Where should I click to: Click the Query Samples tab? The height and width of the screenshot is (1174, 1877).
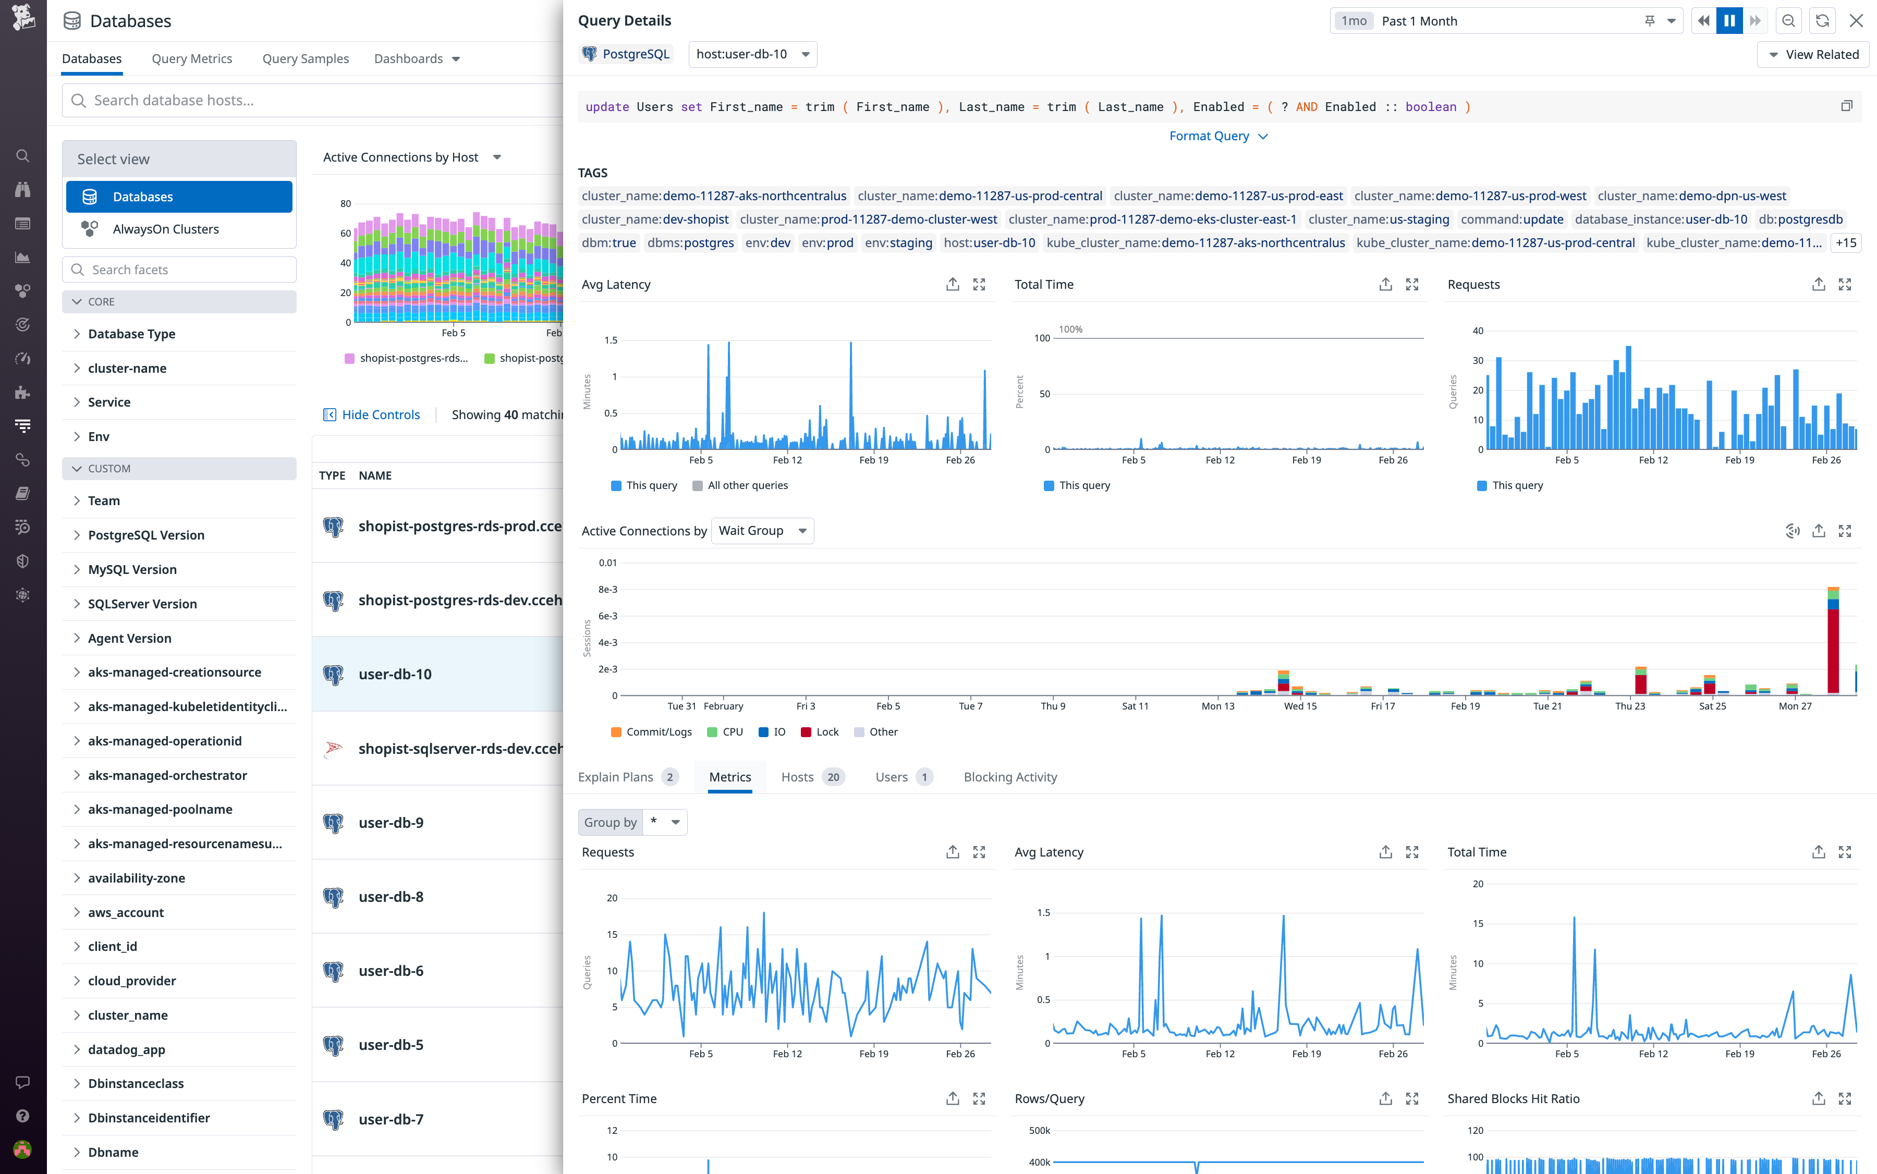305,59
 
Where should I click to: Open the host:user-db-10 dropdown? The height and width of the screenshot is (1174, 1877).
752,54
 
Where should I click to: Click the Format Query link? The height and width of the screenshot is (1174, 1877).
1217,136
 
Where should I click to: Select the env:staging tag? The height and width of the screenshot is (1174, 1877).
898,243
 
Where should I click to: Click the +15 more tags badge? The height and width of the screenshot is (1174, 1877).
1845,243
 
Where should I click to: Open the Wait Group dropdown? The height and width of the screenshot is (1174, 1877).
762,531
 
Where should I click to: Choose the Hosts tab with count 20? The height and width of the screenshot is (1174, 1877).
811,777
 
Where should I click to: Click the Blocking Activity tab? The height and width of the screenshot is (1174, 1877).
1009,777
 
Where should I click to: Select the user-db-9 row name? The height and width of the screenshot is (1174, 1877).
391,823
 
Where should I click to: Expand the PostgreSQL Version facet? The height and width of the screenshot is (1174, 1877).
146,535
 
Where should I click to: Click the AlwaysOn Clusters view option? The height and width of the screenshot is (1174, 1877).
165,229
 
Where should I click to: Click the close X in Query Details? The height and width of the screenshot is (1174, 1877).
1855,21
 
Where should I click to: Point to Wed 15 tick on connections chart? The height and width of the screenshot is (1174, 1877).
1300,706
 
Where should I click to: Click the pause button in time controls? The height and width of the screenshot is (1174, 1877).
1729,21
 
